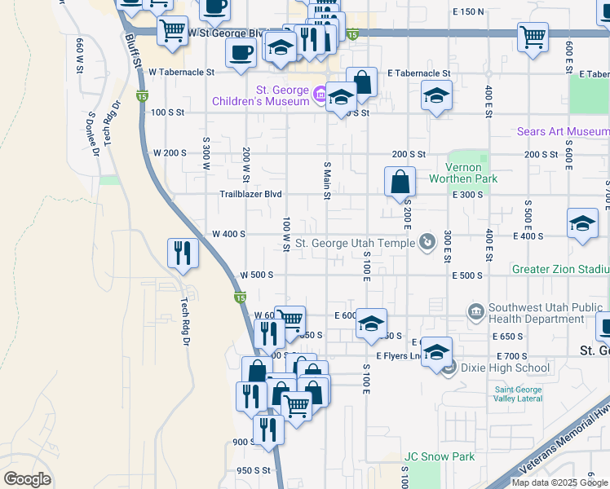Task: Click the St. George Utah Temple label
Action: (356, 243)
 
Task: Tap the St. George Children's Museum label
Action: (260, 95)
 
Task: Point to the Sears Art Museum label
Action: (563, 131)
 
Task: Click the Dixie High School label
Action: (498, 368)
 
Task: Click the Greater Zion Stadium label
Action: (560, 269)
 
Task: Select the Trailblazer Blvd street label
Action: (250, 194)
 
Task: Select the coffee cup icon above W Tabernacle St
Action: (241, 53)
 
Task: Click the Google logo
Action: (28, 479)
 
